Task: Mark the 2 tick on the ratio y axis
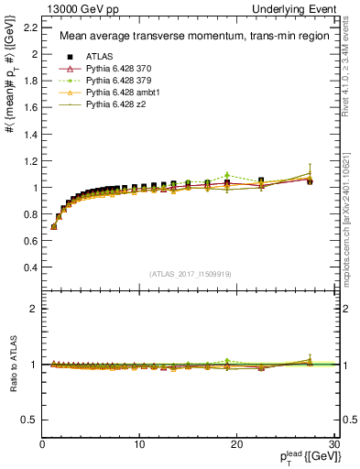pyautogui.click(x=33, y=309)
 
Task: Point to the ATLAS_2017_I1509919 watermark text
pyautogui.click(x=191, y=273)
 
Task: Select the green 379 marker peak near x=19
pyautogui.click(x=227, y=175)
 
